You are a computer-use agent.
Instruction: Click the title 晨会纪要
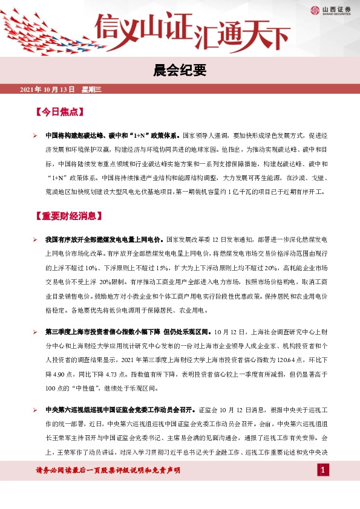[x=180, y=72]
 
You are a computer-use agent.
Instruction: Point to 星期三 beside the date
[x=92, y=89]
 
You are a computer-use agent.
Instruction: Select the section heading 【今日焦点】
[x=59, y=112]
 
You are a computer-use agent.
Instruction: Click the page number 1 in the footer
[x=324, y=470]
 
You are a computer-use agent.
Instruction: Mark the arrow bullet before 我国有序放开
[x=36, y=240]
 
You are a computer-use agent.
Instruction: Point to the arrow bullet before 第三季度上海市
[x=36, y=332]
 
